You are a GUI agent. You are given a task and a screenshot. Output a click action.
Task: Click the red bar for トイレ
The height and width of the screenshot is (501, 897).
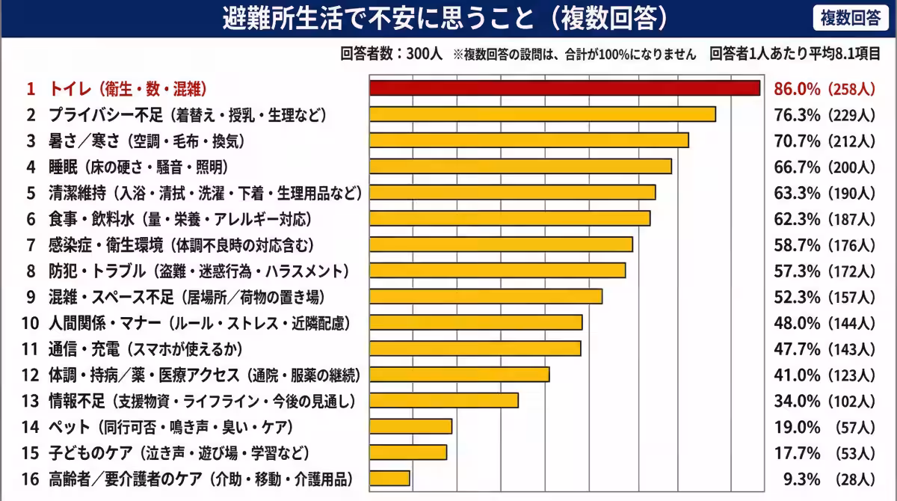click(565, 88)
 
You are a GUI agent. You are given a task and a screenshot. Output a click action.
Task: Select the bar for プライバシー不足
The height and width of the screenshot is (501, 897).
click(543, 114)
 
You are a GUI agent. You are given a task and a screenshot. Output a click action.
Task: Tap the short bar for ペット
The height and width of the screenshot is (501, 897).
click(411, 426)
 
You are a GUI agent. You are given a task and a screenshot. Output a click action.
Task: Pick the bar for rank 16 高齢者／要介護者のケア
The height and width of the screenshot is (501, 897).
click(390, 478)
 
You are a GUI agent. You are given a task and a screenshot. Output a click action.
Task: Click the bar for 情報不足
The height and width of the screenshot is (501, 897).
click(444, 400)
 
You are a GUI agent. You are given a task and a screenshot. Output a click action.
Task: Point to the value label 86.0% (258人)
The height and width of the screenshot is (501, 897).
click(824, 89)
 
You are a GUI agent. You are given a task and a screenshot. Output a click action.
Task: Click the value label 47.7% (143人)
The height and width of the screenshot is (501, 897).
click(824, 349)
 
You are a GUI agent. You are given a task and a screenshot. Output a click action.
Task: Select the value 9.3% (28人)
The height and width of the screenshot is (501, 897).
click(824, 479)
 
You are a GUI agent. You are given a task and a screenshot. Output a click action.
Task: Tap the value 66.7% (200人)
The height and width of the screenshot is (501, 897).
click(824, 167)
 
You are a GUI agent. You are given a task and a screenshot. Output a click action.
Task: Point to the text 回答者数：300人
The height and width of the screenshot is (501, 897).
click(392, 55)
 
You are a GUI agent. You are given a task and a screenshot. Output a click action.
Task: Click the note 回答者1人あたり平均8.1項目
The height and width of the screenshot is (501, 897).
click(795, 55)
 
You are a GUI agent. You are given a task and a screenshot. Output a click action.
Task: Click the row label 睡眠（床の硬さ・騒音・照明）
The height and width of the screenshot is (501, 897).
click(138, 167)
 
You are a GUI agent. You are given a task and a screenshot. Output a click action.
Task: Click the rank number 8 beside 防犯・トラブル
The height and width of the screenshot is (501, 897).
click(31, 271)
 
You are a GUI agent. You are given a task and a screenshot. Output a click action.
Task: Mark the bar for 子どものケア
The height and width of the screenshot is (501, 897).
click(408, 452)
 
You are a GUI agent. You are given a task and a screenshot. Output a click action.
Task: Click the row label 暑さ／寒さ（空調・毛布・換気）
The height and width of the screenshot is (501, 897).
click(146, 141)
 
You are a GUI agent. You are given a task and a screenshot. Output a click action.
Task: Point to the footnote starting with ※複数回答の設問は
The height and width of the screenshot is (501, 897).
click(574, 55)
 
